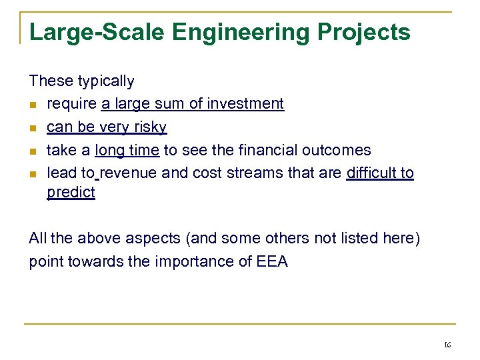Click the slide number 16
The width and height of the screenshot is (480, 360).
coord(447,345)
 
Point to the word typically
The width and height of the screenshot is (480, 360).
coord(105,81)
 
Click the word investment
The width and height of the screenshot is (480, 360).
coord(246,104)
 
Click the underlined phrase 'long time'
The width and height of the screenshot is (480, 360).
coord(127,150)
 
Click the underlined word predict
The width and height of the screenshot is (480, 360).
coord(71,193)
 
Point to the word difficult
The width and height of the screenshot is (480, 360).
coord(371,173)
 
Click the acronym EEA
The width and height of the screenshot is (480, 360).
coord(271,261)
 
